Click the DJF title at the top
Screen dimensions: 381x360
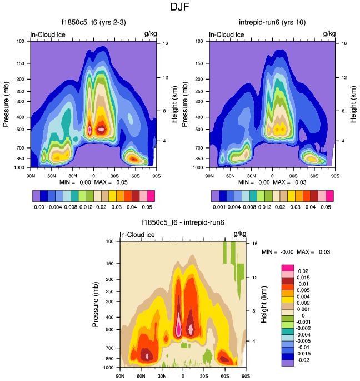(180, 8)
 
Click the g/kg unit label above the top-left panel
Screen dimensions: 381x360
(151, 34)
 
